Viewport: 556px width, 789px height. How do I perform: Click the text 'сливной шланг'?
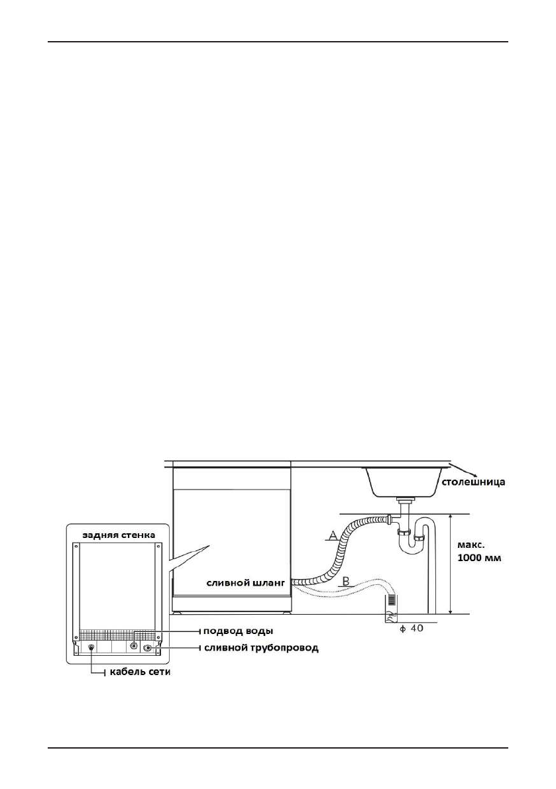coord(245,583)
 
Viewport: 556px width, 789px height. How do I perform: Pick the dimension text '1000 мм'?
coord(480,558)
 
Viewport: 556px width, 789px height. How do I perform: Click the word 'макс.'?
coord(470,543)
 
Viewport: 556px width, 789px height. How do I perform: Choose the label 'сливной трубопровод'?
coord(260,647)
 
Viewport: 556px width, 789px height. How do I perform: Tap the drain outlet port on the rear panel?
coord(147,647)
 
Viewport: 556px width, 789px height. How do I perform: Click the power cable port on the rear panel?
coord(91,647)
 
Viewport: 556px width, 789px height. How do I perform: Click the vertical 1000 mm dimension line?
coord(451,563)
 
